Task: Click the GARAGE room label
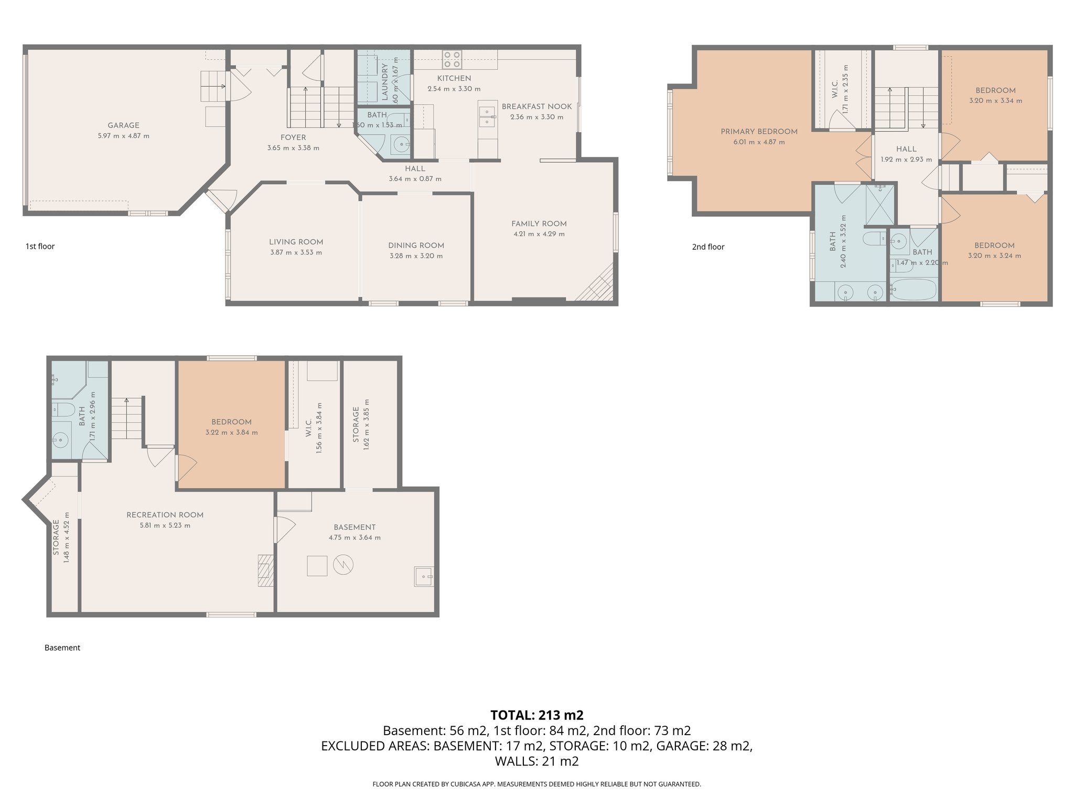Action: coord(123,125)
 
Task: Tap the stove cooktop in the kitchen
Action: coord(452,59)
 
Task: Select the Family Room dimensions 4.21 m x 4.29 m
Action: coord(539,234)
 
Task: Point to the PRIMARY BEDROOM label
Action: coord(759,132)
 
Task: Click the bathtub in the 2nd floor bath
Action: coord(913,290)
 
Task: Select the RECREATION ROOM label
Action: coord(165,515)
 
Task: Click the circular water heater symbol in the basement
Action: coord(343,565)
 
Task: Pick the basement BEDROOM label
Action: coord(231,422)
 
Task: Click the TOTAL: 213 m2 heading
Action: coord(536,715)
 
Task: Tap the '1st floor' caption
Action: coord(40,246)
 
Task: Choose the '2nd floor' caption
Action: coord(708,247)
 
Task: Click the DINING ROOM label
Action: coord(416,246)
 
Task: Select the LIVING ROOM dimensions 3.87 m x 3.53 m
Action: coord(296,252)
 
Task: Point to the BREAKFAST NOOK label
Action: coord(536,107)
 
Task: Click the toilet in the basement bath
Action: coord(62,409)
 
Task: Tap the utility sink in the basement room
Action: coord(423,577)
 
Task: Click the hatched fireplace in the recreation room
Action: coord(265,570)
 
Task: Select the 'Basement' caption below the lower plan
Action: coord(62,648)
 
